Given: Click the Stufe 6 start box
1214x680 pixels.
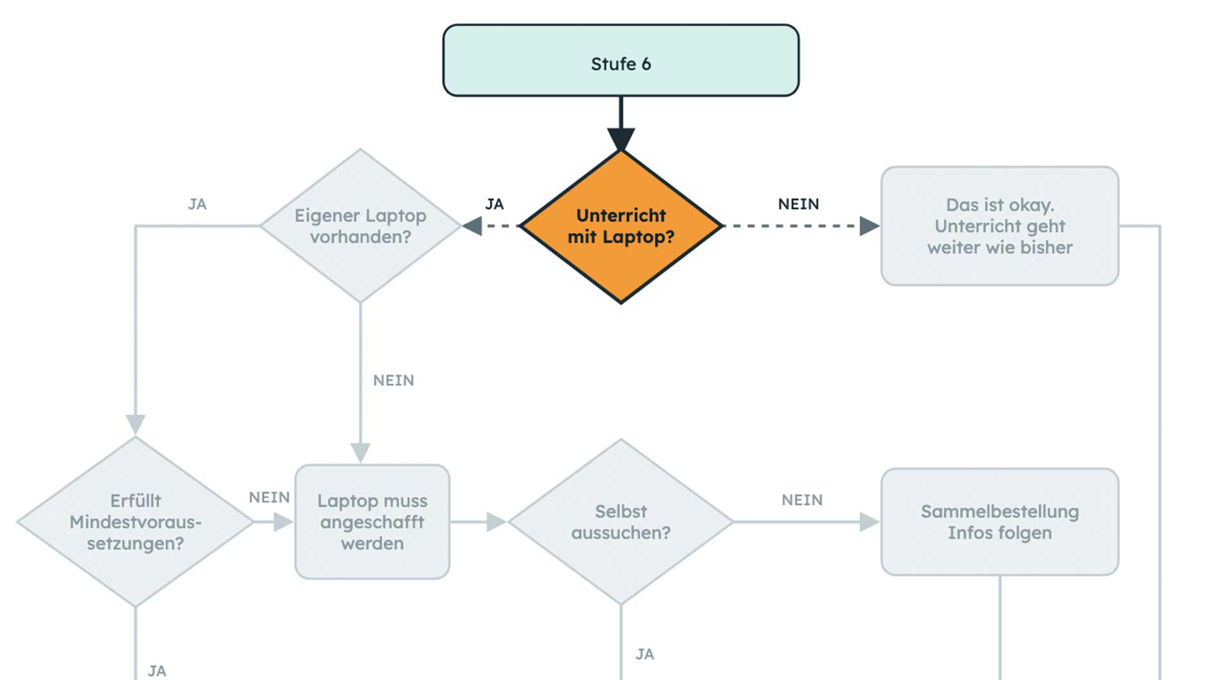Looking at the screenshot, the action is point(621,60).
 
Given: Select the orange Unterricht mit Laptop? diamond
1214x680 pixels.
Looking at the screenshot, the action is point(621,226).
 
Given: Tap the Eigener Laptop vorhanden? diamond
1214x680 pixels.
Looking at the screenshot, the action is point(360,226).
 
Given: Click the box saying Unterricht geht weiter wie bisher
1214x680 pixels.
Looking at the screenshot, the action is point(999,226).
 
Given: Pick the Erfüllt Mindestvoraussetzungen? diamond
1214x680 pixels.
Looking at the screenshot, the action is point(135,522).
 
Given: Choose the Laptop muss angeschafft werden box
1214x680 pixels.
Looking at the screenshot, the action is point(372,522).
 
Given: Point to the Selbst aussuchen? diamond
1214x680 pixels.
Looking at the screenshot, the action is point(621,522).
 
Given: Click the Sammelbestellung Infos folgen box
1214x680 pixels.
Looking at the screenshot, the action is point(999,522).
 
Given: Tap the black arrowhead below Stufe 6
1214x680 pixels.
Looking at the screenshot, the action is point(621,139).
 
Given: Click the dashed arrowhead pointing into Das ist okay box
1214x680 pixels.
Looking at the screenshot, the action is point(869,226).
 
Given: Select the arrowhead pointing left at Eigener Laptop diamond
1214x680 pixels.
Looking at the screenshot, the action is point(473,226).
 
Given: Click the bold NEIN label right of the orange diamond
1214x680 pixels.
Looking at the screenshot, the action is point(798,204).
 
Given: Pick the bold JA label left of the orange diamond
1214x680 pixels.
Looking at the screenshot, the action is point(494,204).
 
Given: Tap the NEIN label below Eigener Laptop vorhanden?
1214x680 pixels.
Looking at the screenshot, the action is point(394,380).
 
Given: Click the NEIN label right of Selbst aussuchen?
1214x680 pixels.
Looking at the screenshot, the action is point(802,500).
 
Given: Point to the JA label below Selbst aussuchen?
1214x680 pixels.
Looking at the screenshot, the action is point(645,654).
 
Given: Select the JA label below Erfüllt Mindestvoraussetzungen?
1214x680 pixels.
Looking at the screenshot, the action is point(157,671).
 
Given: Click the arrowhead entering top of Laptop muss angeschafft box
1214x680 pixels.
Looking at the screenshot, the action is point(360,452).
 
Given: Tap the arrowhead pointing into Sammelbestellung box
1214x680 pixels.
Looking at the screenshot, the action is point(869,522).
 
